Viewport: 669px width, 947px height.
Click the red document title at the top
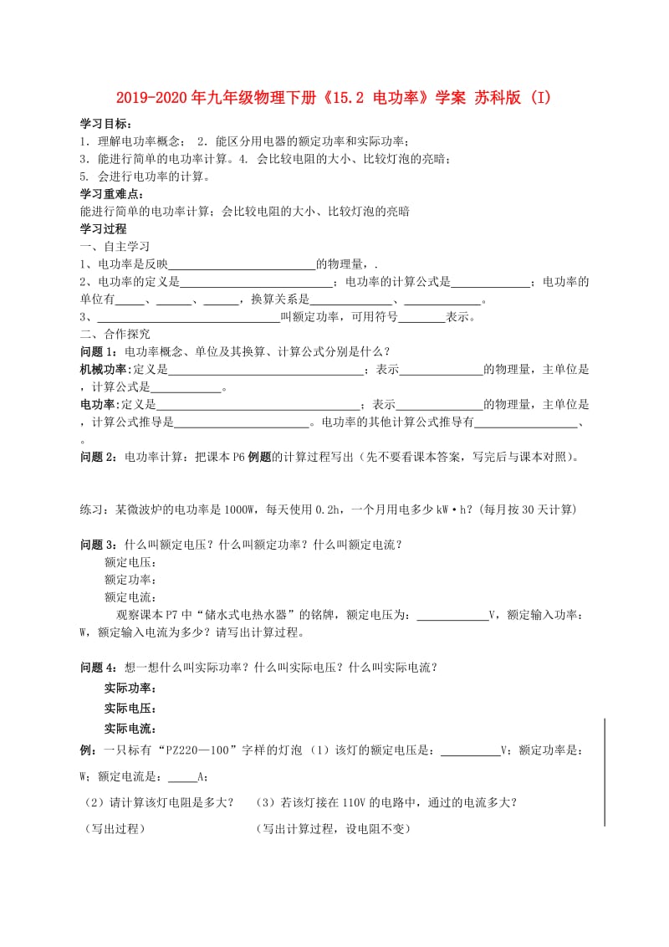[x=334, y=99]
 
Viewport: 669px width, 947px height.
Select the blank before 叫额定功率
[x=188, y=317]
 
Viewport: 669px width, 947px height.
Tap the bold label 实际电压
[x=130, y=708]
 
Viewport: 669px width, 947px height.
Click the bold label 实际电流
[x=130, y=729]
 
